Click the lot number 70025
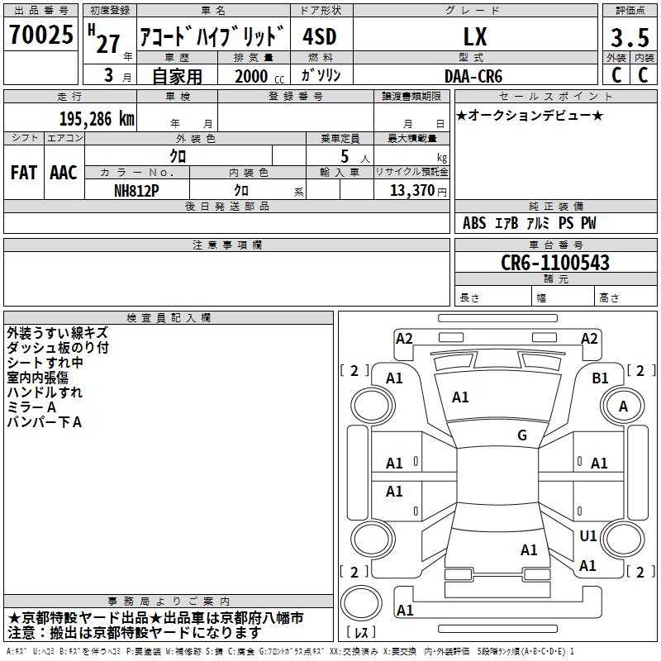tap(40, 35)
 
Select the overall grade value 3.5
tap(630, 37)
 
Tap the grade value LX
tap(475, 36)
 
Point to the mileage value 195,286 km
tap(97, 119)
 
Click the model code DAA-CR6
tap(473, 76)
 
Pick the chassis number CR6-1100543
tap(555, 263)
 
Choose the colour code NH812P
tap(136, 191)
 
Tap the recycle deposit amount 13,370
tap(411, 191)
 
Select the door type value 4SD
tap(320, 36)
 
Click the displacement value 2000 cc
tap(259, 76)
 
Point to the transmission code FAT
tap(24, 173)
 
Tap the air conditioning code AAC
tap(64, 173)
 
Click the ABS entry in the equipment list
tap(474, 223)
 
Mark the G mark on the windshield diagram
tap(522, 435)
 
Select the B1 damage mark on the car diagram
tap(600, 378)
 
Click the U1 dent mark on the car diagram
tap(588, 535)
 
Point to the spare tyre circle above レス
tap(361, 603)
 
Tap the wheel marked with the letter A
tap(623, 406)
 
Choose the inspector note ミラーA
tap(31, 407)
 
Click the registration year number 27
tap(108, 44)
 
